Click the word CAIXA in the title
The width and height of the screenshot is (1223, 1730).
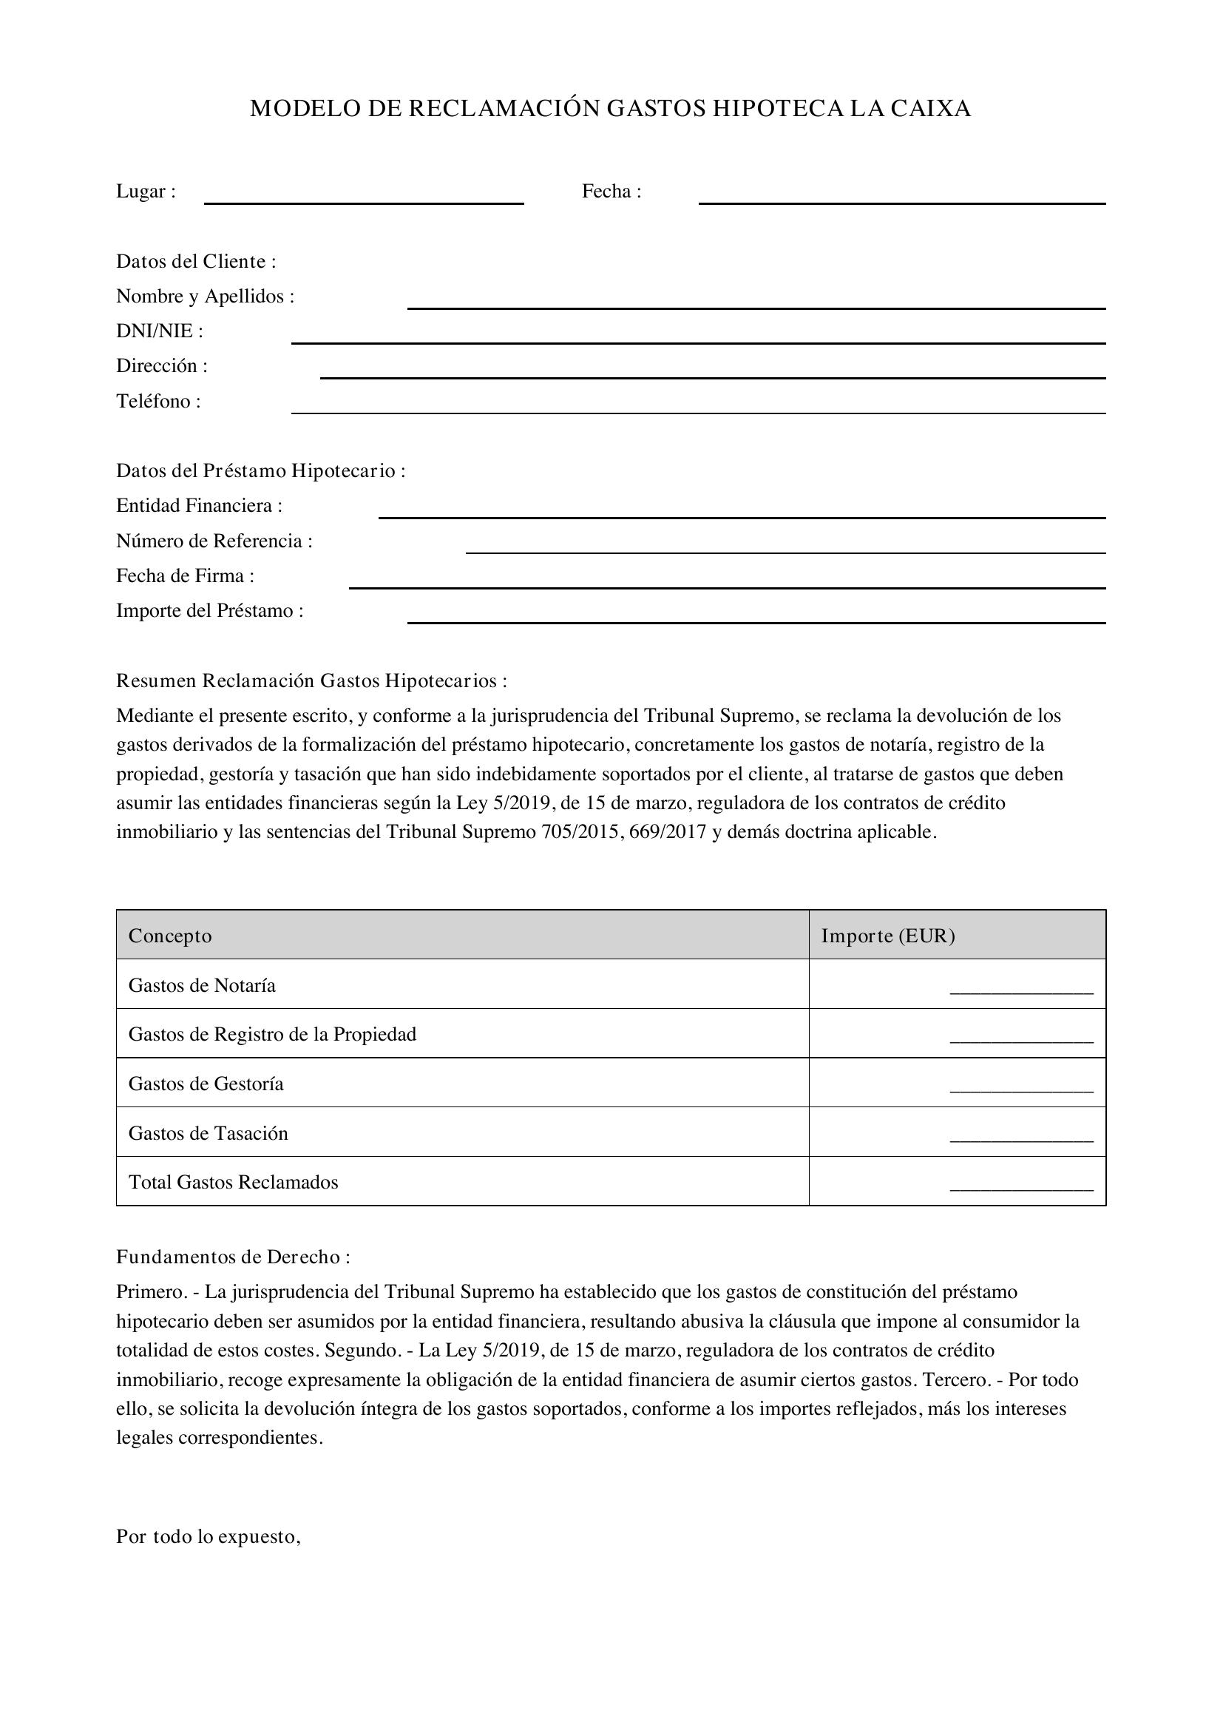(x=931, y=109)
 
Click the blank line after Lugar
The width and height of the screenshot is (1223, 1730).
(x=364, y=202)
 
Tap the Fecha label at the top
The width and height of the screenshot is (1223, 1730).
(x=611, y=192)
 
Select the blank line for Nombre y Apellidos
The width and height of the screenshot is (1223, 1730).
(x=756, y=307)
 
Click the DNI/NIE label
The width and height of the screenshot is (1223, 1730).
(x=159, y=331)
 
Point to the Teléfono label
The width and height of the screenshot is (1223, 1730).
(x=158, y=401)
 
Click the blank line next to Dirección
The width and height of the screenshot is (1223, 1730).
(x=712, y=376)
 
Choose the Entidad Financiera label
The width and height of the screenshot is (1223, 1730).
(x=199, y=506)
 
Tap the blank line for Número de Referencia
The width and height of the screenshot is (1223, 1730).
(x=785, y=552)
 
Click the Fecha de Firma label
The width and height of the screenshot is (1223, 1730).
(x=185, y=575)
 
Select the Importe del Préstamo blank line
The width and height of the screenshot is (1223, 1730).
(x=756, y=621)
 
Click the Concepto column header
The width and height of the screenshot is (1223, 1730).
(x=170, y=936)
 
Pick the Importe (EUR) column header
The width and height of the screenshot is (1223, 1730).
(x=887, y=936)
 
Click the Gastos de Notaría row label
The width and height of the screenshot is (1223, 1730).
(x=202, y=985)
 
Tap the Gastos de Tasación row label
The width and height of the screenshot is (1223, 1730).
(x=208, y=1133)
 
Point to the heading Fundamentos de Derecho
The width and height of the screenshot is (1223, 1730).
(x=232, y=1257)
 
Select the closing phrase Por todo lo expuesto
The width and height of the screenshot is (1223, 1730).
(x=208, y=1536)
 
